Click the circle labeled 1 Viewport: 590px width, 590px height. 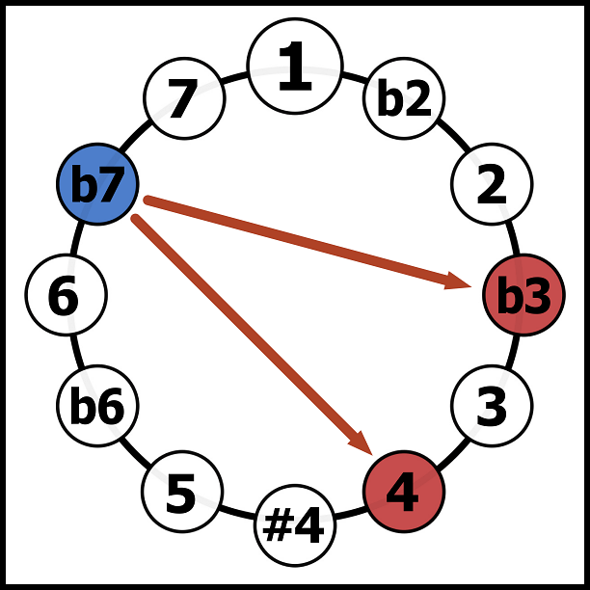(295, 66)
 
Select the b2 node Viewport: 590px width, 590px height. (404, 98)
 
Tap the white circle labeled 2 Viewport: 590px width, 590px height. (492, 184)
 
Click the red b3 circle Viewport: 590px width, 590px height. (523, 296)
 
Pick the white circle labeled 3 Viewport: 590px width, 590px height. (492, 406)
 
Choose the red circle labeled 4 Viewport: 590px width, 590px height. (404, 492)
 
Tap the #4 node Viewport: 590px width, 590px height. (295, 526)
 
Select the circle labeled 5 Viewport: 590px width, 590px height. (182, 492)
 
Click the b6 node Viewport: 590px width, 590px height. (97, 406)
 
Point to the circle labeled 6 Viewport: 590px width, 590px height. (66, 296)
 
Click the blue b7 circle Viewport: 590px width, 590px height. (97, 184)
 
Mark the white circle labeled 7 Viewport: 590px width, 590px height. (184, 98)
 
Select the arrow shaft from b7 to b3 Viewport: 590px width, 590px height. (299, 242)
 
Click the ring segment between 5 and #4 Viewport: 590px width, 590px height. (238, 513)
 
